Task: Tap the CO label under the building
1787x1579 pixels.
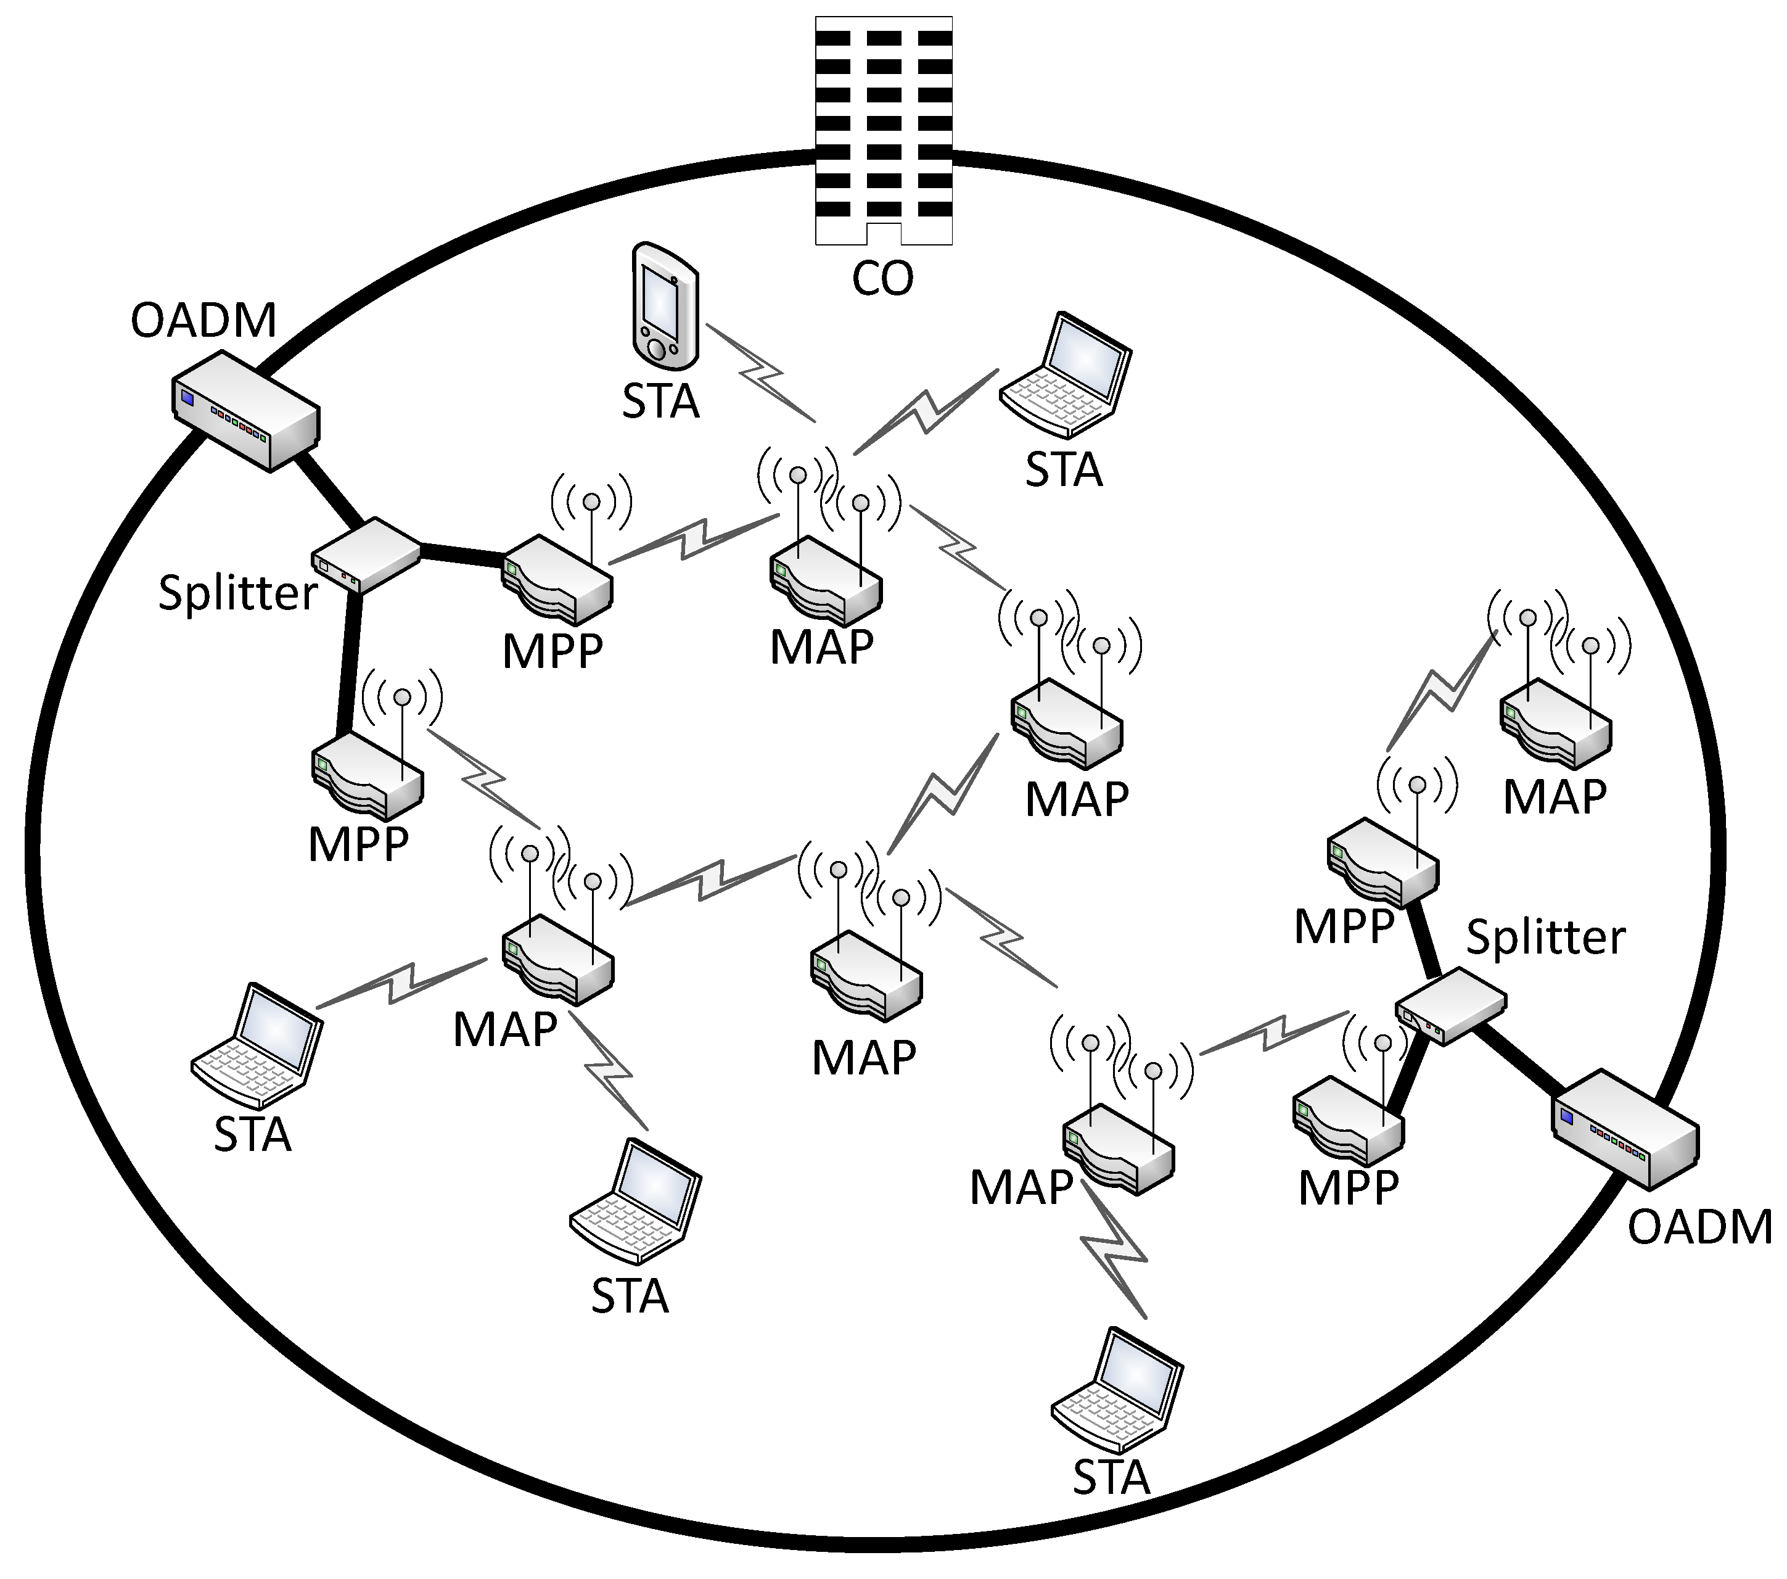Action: [x=882, y=279]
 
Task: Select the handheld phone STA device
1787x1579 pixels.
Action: [x=665, y=305]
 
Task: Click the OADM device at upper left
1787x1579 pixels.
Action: [x=245, y=411]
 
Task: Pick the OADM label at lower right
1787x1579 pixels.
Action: [x=1699, y=1227]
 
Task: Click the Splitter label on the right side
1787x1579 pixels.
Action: [x=1545, y=938]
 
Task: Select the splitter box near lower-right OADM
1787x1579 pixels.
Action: [x=1450, y=1005]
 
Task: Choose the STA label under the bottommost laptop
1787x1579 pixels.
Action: [x=1111, y=1477]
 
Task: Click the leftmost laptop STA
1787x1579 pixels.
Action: [x=256, y=1045]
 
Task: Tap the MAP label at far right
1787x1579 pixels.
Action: [x=1555, y=796]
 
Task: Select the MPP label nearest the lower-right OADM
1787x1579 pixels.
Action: [x=1348, y=1187]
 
